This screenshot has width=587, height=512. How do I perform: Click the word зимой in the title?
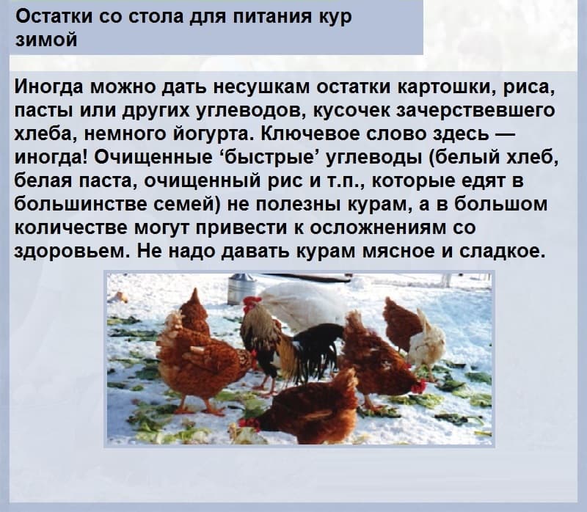point(46,40)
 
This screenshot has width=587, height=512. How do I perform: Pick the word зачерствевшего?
point(475,111)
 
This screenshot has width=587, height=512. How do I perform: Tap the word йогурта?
point(208,134)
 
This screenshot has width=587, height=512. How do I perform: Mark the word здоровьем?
point(73,252)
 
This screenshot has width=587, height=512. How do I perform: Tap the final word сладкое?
point(500,252)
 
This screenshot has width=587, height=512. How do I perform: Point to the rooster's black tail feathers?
point(318,348)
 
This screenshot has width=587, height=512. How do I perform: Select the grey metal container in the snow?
point(241,288)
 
